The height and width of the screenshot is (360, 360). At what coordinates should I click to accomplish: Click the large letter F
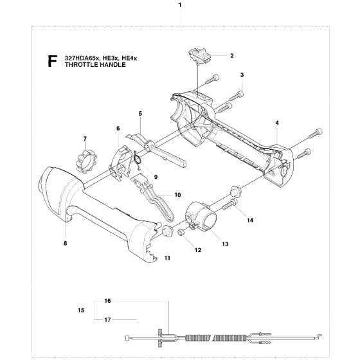(x=52, y=61)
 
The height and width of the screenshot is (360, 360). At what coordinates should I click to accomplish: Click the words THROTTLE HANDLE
(x=95, y=65)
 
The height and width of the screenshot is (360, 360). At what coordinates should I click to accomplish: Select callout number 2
(x=232, y=56)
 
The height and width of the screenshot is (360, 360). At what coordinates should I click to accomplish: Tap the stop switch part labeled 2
(x=199, y=55)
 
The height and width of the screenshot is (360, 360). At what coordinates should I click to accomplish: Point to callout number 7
(x=85, y=139)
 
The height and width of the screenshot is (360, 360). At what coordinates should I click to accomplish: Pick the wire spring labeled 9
(x=138, y=160)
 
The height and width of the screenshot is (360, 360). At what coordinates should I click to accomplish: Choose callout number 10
(x=177, y=195)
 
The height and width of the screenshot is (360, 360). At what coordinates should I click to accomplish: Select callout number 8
(x=66, y=243)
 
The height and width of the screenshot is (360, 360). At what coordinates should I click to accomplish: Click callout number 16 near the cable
(x=108, y=301)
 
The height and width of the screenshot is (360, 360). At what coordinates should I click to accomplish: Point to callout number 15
(x=81, y=310)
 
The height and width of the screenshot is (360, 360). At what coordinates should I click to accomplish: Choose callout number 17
(x=108, y=320)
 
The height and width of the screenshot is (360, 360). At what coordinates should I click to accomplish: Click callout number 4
(x=277, y=123)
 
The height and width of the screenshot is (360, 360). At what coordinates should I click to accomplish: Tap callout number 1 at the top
(x=180, y=5)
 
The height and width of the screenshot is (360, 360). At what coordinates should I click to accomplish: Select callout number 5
(x=140, y=113)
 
